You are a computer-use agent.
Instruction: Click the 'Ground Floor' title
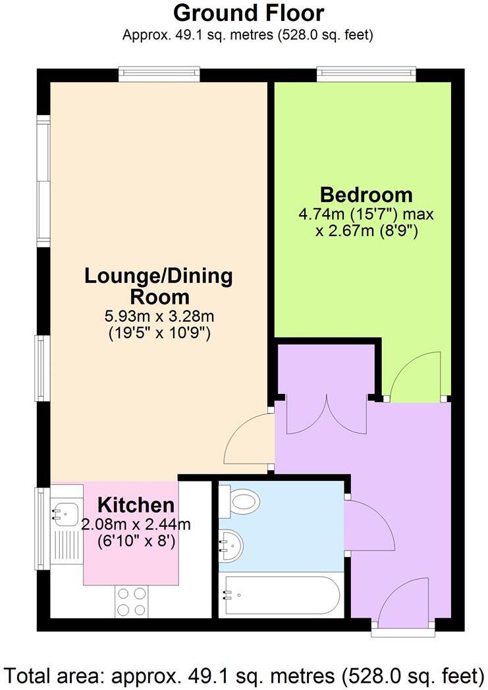pos(248,12)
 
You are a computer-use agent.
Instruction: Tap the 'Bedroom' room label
pos(366,195)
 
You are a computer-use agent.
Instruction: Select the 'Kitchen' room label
pos(136,505)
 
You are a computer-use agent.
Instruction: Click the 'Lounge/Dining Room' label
pos(159,285)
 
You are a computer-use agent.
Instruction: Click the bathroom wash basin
pos(231,545)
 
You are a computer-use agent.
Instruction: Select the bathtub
pos(282,595)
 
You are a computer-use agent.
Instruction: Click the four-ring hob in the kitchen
pos(131,601)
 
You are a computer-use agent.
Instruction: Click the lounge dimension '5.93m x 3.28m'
pos(159,316)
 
